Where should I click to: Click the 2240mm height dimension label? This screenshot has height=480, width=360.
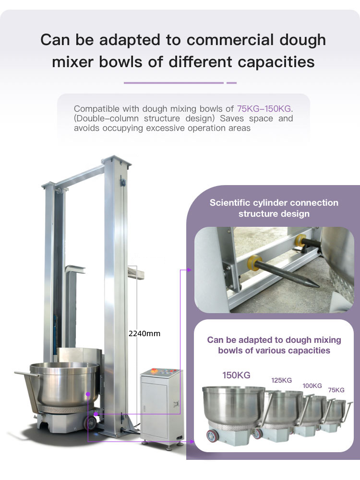click(x=144, y=333)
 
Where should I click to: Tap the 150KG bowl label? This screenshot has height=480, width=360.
click(x=236, y=375)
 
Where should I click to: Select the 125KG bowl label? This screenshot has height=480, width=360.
click(x=282, y=380)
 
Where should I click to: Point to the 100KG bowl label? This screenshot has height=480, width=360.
click(x=312, y=386)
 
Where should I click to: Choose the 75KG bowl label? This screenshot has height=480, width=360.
click(x=336, y=390)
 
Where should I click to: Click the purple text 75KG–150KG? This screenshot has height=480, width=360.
click(x=264, y=109)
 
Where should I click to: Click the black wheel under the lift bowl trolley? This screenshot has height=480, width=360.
click(x=91, y=423)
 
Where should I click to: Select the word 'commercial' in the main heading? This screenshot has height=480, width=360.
click(x=230, y=40)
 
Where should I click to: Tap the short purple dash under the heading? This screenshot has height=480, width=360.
click(x=232, y=83)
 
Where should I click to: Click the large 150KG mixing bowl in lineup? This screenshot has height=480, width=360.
click(x=234, y=407)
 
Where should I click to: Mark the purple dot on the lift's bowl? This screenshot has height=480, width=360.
click(x=88, y=394)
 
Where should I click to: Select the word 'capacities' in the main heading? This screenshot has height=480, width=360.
click(x=276, y=62)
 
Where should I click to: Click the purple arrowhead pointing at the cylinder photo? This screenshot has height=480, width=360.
click(x=190, y=269)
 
